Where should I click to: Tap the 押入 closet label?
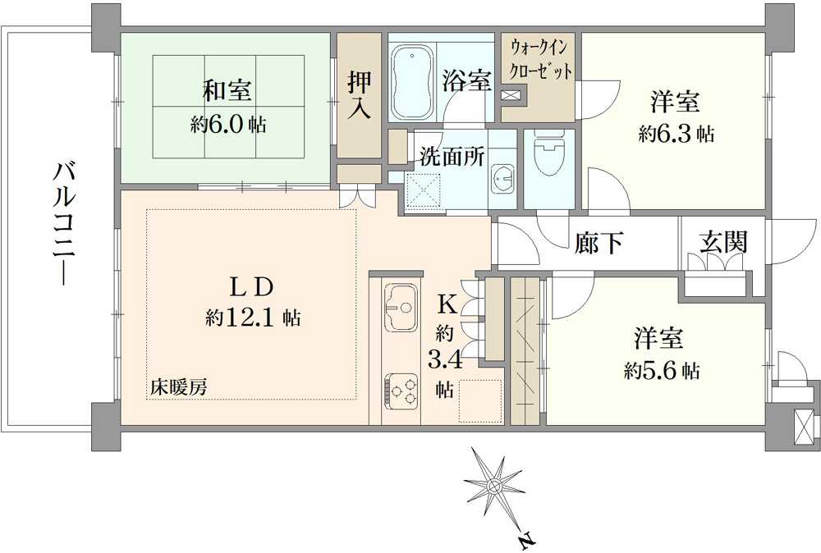359,94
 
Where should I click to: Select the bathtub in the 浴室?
411,82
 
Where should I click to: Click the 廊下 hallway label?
599,243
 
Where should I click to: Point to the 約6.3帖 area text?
676,135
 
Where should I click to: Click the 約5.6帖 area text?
662,371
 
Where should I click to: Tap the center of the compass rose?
494,486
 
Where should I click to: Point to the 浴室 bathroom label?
467,80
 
